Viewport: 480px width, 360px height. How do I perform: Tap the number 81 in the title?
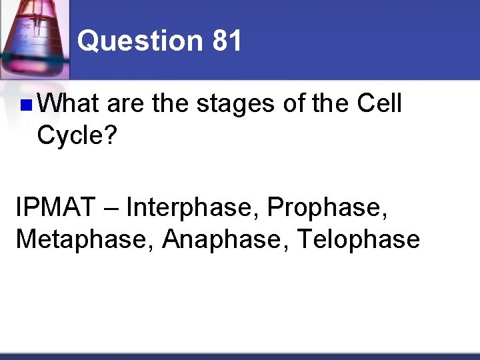pos(227,41)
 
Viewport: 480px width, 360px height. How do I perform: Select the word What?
pos(69,104)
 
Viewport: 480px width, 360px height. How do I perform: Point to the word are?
pos(126,104)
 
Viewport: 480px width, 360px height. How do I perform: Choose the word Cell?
pos(379,104)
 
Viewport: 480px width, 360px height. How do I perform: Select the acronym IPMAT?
pos(55,207)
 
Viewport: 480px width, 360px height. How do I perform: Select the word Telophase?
pos(359,239)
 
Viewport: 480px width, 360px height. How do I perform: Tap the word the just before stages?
pos(171,104)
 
